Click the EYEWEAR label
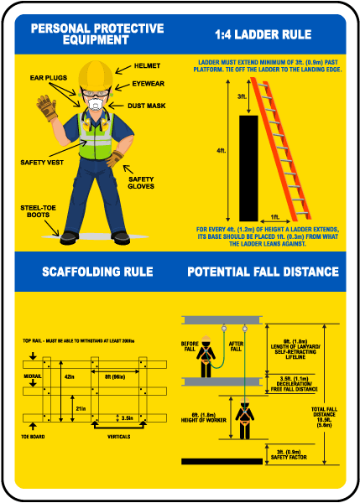pos(148,84)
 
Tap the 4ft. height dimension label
pos(221,151)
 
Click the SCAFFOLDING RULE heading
pos(97,272)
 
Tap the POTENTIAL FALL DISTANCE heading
pos(263,272)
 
